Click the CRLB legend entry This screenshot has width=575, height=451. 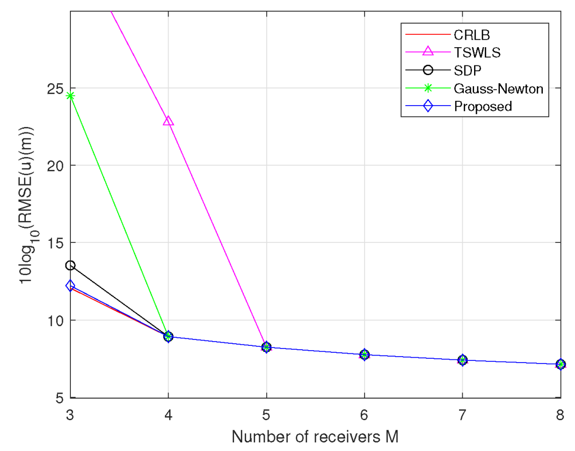pos(472,35)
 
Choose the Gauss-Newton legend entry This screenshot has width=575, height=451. pos(498,88)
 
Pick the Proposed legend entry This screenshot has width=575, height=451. pos(483,106)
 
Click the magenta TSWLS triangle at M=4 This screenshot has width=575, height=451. pos(169,121)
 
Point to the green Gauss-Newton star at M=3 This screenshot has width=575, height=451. pos(70,96)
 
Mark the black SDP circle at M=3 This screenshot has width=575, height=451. pos(70,265)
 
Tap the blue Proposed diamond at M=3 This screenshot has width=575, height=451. pos(70,286)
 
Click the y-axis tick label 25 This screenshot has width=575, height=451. pos(56,88)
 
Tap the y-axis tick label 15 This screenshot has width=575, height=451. pos(56,243)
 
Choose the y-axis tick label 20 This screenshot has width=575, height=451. pos(56,165)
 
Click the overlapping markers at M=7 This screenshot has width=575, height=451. pos(462,360)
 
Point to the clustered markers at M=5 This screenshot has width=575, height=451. pos(266,347)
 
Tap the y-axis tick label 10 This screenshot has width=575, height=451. pos(56,320)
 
